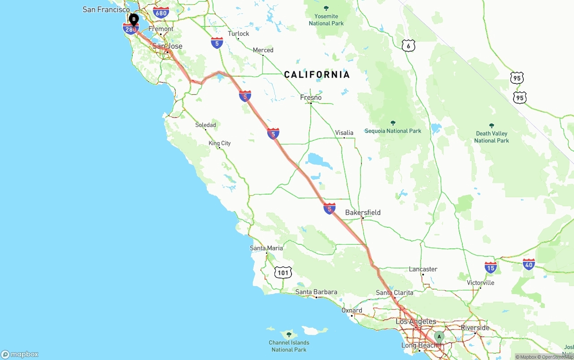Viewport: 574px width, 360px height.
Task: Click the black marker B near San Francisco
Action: [x=133, y=19]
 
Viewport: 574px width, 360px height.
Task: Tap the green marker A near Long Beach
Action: [x=439, y=336]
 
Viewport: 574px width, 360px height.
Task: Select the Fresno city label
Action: [x=311, y=97]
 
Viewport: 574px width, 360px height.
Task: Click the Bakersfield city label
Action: [x=363, y=212]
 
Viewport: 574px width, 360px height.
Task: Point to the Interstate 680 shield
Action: [x=161, y=13]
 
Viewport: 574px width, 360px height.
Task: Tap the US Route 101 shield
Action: [x=283, y=272]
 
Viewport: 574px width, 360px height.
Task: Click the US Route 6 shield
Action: [x=408, y=45]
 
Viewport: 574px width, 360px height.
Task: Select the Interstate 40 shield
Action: [x=529, y=265]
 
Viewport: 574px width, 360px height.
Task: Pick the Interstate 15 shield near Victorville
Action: [x=491, y=268]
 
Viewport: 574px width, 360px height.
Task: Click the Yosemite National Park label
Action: [x=326, y=20]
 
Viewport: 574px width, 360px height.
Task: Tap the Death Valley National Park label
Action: [x=491, y=137]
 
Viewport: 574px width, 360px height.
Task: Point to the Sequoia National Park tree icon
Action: [x=393, y=123]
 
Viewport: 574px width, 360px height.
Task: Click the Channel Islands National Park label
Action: [x=289, y=346]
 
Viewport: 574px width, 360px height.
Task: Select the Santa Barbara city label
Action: [x=316, y=292]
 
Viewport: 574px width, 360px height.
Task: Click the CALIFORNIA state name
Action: [x=317, y=74]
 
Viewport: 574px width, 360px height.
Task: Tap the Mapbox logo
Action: [x=20, y=354]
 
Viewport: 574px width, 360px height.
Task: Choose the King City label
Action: [x=220, y=143]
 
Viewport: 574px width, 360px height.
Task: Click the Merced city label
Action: [x=263, y=50]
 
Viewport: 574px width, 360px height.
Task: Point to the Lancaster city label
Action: [x=423, y=269]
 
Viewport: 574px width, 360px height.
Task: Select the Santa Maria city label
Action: [x=266, y=248]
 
